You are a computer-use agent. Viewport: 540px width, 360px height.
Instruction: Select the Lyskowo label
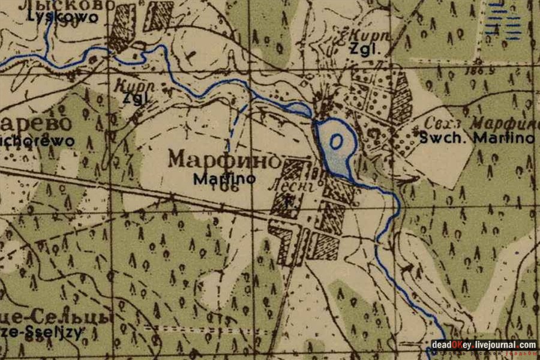coord(62,17)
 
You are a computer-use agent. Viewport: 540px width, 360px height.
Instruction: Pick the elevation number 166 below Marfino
coord(228,187)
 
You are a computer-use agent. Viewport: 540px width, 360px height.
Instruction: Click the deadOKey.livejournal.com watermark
coord(484,345)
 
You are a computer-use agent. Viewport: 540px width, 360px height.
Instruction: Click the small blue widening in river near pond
coord(298,108)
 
